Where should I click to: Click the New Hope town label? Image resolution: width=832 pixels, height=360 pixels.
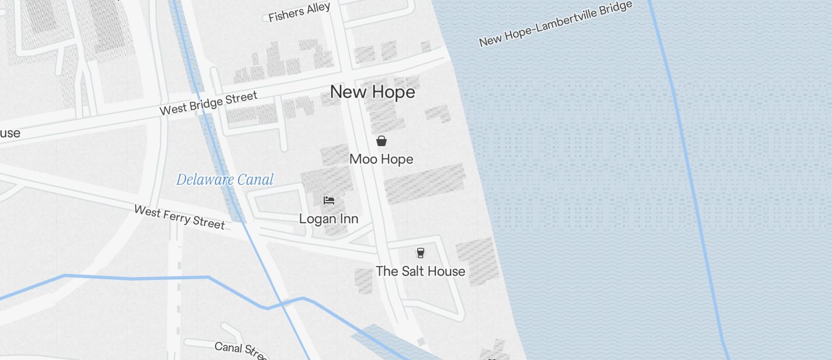(372, 92)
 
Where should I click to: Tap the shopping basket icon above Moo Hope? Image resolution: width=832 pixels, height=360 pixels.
(382, 141)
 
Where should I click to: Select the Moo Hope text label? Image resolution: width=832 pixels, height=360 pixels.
(381, 159)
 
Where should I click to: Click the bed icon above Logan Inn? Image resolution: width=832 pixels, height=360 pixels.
(329, 200)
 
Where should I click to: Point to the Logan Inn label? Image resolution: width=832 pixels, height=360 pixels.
(328, 219)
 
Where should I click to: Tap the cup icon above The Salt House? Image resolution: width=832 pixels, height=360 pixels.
(420, 253)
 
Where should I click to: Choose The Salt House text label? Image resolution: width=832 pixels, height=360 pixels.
(420, 271)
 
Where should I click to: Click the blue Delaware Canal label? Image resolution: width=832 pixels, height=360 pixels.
(224, 179)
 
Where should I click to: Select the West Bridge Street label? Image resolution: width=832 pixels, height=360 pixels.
(209, 103)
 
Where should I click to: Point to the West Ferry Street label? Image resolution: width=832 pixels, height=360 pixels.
(179, 217)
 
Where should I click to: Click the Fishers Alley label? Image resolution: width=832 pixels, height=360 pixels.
(299, 12)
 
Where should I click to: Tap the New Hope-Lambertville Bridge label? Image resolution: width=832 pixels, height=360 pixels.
(555, 24)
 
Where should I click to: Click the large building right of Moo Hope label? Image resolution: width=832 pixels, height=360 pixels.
(425, 182)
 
